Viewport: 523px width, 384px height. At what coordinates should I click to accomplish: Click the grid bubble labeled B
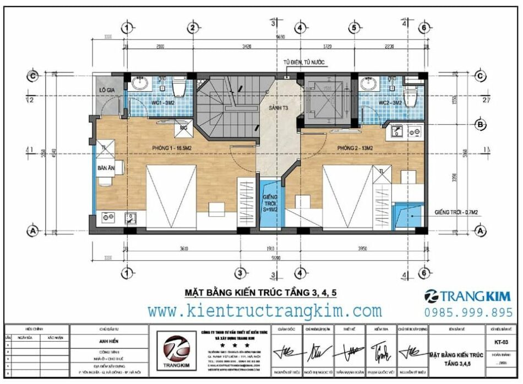click(480, 125)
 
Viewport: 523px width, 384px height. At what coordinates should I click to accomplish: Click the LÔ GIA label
click(106, 90)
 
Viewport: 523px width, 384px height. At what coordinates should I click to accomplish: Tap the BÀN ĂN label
click(106, 167)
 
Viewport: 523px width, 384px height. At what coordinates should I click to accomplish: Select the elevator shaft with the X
click(325, 100)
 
